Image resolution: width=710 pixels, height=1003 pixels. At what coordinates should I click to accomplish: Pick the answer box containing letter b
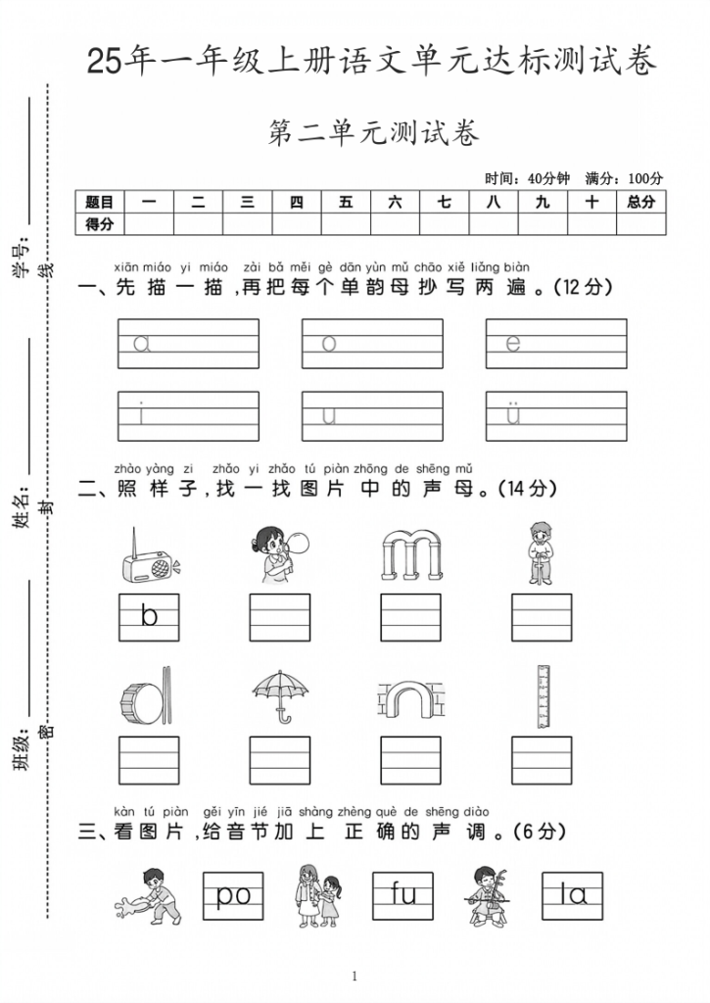(149, 617)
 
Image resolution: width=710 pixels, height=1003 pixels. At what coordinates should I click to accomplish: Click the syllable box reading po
(233, 895)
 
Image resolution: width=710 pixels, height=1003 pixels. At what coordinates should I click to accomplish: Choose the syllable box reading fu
(402, 895)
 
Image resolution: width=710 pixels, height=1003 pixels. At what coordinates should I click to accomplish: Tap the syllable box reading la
(572, 895)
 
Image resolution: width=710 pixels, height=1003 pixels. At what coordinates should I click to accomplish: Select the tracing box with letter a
(188, 343)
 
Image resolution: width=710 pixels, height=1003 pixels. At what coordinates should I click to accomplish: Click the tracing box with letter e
(556, 343)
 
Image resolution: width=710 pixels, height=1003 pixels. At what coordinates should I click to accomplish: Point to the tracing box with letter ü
(556, 415)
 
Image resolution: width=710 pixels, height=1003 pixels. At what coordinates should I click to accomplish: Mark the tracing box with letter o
(372, 343)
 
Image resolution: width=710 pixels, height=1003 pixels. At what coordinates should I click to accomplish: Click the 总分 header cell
(640, 202)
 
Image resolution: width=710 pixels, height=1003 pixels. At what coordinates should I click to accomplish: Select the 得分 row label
(100, 224)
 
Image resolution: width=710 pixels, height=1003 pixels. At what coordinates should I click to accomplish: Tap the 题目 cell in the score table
(100, 202)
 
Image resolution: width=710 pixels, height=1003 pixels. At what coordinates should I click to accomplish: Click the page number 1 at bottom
(355, 976)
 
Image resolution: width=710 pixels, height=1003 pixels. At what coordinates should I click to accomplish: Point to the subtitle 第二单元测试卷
(373, 133)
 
